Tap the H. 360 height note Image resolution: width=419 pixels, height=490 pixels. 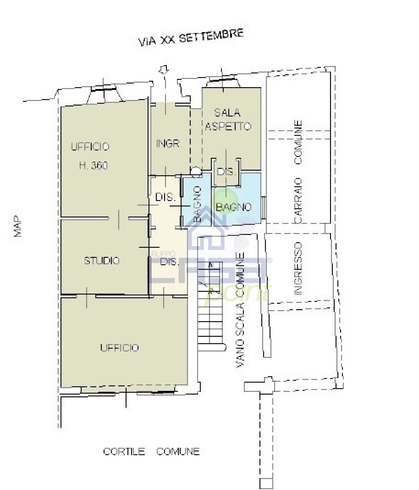point(94,166)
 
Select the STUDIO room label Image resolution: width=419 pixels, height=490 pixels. point(102,261)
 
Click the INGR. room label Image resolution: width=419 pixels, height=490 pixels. point(169,143)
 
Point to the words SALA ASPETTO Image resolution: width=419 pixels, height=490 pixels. point(228,119)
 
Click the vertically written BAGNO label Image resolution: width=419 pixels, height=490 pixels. point(198,204)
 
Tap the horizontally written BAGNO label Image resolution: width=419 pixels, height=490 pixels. point(234,207)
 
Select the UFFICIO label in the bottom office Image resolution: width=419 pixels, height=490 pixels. point(120,348)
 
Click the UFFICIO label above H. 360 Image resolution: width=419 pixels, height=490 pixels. point(90,146)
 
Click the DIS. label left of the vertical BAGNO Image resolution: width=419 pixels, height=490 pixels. point(166,197)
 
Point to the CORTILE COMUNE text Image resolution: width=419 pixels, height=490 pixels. point(152,451)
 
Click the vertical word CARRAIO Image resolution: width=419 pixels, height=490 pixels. point(298,200)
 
